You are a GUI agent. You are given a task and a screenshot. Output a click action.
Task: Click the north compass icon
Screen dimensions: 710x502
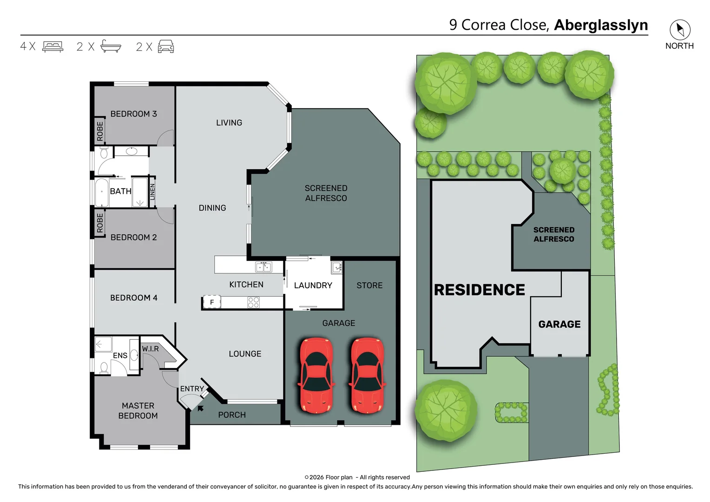point(680,29)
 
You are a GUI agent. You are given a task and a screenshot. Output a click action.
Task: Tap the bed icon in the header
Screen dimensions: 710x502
point(53,46)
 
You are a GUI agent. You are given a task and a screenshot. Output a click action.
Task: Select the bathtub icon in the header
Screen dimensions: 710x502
point(111,46)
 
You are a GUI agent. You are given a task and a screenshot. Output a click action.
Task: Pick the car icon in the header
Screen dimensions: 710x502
point(166,46)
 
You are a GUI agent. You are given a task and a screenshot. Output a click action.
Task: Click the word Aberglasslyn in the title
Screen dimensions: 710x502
point(601,25)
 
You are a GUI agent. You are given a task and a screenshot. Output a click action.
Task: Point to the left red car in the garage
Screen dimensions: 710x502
point(316,376)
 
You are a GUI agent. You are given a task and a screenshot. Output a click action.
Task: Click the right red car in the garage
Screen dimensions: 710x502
point(367,376)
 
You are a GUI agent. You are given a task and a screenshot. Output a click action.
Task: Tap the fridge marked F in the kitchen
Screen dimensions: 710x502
point(212,302)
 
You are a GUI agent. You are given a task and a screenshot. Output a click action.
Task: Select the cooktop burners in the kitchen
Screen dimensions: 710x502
point(253,302)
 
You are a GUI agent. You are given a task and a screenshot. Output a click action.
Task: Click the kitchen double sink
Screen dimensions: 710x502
point(263,267)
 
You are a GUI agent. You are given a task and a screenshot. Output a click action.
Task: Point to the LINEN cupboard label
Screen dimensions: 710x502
point(152,192)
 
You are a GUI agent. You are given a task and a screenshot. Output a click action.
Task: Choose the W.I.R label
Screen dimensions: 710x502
point(150,349)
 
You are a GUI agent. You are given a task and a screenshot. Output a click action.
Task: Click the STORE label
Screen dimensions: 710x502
point(369,285)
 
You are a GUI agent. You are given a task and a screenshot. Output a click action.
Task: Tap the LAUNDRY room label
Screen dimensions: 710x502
point(313,285)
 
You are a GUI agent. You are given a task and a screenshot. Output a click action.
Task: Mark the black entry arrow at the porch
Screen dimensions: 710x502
point(200,408)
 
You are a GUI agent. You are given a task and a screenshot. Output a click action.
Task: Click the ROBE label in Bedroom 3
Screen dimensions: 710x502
point(100,131)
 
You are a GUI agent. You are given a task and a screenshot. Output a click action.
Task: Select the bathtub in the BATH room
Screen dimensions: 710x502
point(102,192)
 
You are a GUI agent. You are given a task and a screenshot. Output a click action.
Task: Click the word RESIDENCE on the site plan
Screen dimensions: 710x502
point(479,290)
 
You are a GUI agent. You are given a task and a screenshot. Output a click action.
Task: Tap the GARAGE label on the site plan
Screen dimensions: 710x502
point(559,324)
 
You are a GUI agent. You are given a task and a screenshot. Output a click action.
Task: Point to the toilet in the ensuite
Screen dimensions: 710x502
point(104,368)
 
